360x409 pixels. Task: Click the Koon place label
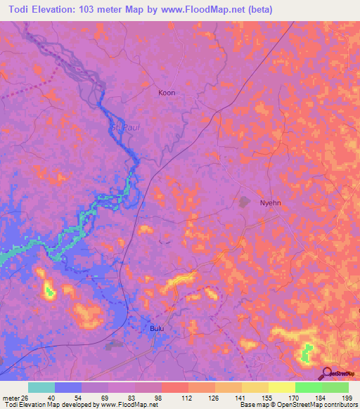point(167,93)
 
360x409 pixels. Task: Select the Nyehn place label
point(271,201)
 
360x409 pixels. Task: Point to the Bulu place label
point(157,328)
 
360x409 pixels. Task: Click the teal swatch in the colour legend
point(41,387)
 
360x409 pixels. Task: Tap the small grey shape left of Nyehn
point(244,202)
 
